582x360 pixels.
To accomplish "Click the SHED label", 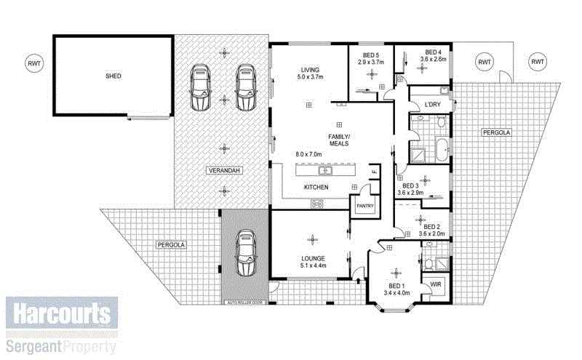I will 112,76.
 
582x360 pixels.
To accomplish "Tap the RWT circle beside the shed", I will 33,63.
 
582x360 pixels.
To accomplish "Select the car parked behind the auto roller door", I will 246,253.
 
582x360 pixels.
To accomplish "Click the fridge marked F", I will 375,172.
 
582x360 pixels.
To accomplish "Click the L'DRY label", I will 432,105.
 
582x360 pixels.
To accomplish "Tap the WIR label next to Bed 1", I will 436,284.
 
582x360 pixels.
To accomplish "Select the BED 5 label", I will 371,55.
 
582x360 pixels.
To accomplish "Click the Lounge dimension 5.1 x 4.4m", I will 312,266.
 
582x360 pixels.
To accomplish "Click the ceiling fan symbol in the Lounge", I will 313,239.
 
